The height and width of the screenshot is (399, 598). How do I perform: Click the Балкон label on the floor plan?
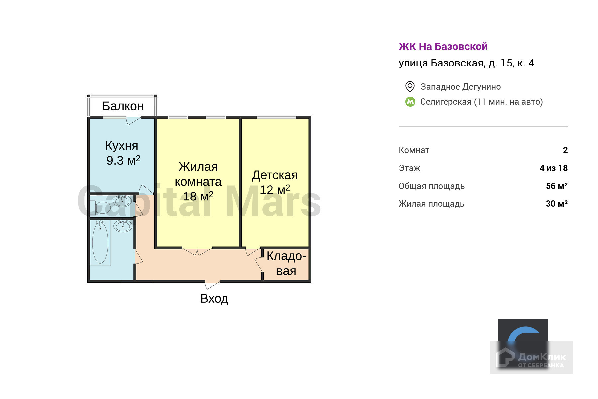[x=123, y=106]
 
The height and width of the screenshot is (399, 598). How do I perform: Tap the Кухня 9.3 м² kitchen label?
[x=122, y=153]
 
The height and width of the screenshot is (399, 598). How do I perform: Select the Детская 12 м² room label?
[x=275, y=182]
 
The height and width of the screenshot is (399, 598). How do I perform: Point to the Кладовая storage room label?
[x=286, y=263]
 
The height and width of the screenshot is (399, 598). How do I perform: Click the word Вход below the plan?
[x=214, y=299]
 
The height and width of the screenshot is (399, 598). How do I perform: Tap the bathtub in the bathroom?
[x=100, y=243]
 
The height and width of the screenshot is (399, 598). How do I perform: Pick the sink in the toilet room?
[x=122, y=201]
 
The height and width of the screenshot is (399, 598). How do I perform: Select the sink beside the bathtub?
[x=123, y=226]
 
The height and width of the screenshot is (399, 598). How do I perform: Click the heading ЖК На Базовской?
[x=443, y=46]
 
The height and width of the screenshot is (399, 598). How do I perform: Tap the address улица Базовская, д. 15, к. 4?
[x=466, y=63]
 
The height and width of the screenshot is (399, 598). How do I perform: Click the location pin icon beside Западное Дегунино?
[x=410, y=87]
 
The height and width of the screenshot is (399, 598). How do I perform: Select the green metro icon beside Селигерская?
[x=410, y=102]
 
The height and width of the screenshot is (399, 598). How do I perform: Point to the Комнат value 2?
[x=565, y=150]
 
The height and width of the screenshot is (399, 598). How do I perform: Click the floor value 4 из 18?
[x=553, y=168]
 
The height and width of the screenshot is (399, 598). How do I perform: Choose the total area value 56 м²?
[x=556, y=186]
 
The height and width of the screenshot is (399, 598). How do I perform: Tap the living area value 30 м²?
[x=556, y=204]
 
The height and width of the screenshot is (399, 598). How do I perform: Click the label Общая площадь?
[x=432, y=186]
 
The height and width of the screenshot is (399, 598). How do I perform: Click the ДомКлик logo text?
[x=542, y=358]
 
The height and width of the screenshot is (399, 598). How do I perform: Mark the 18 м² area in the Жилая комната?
[x=198, y=196]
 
